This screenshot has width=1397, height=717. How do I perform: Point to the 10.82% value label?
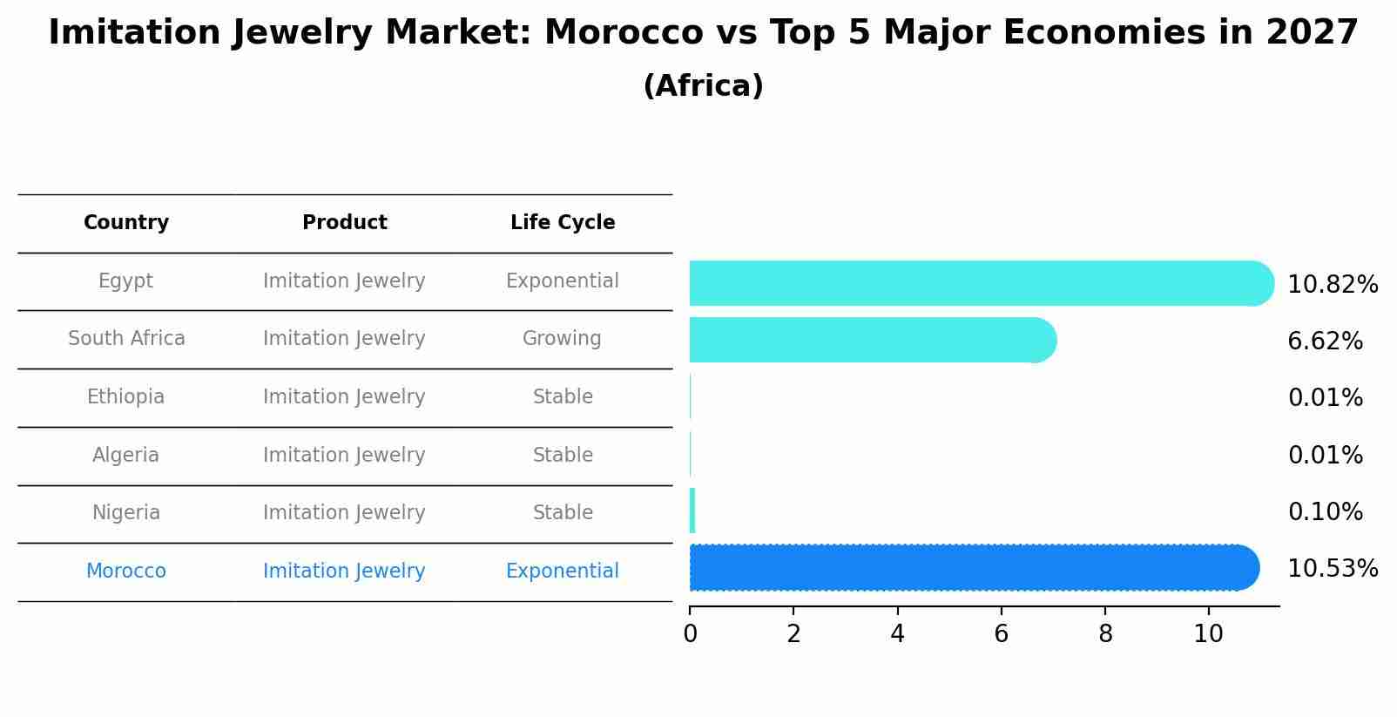pyautogui.click(x=1333, y=285)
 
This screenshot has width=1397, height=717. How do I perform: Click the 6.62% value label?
pyautogui.click(x=1325, y=342)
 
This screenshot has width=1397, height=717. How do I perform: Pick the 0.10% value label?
pyautogui.click(x=1325, y=512)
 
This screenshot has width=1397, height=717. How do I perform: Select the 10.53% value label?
pyautogui.click(x=1333, y=569)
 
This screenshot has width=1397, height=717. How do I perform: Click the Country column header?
pyautogui.click(x=126, y=223)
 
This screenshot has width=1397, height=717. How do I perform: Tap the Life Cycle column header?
pyautogui.click(x=563, y=223)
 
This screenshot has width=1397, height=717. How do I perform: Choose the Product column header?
pyautogui.click(x=344, y=223)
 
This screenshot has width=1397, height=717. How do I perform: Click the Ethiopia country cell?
pyautogui.click(x=125, y=397)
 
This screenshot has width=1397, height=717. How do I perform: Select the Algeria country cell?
pyautogui.click(x=125, y=456)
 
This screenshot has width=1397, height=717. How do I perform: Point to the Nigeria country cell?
pyautogui.click(x=125, y=513)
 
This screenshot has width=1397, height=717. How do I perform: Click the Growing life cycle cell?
pyautogui.click(x=562, y=339)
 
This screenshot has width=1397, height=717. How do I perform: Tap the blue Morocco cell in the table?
pyautogui.click(x=125, y=572)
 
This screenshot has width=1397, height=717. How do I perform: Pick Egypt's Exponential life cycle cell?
pyautogui.click(x=562, y=281)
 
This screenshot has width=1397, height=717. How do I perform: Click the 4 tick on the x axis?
pyautogui.click(x=897, y=634)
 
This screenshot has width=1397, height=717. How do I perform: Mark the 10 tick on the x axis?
pyautogui.click(x=1209, y=634)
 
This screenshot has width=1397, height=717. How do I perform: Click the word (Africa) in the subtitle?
pyautogui.click(x=703, y=86)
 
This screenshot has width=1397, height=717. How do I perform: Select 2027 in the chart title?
pyautogui.click(x=1313, y=33)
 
